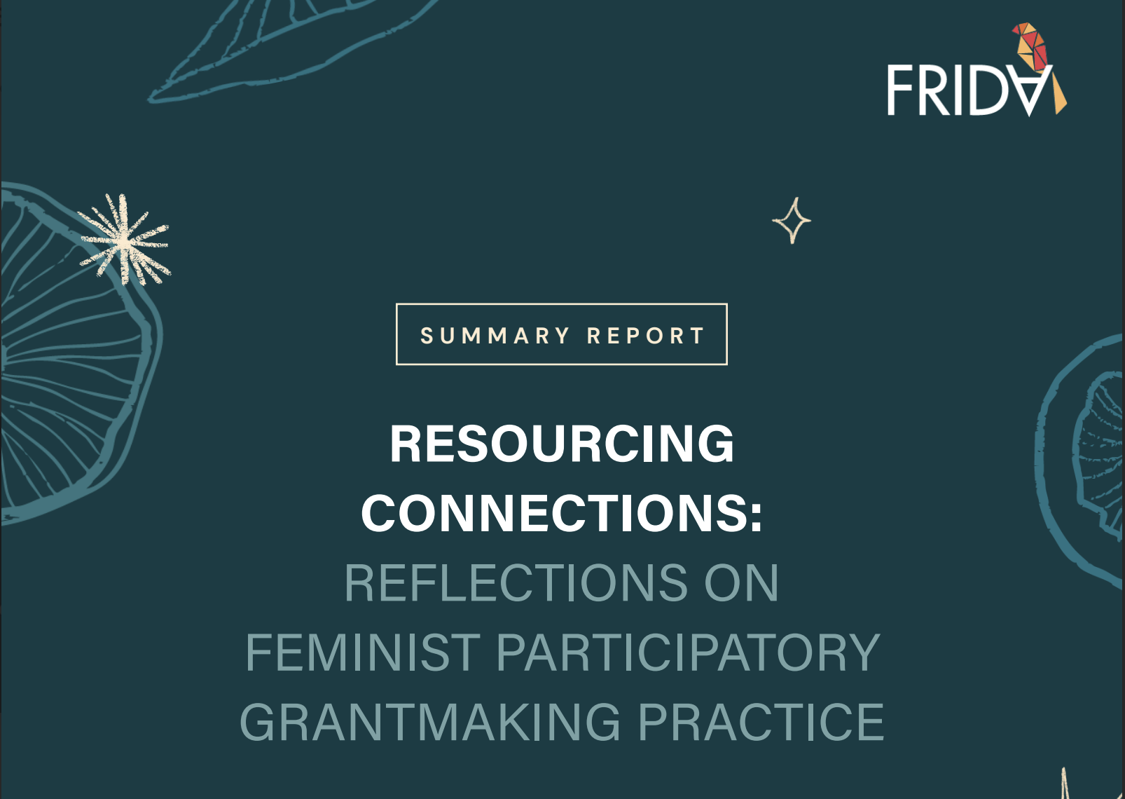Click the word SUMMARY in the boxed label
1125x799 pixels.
[x=495, y=336]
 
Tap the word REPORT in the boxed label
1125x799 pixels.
[x=646, y=336]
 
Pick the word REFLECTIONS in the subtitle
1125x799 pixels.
[x=516, y=582]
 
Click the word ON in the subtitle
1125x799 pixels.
[x=741, y=582]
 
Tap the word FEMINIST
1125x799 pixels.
[x=363, y=652]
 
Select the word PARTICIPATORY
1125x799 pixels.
[x=688, y=652]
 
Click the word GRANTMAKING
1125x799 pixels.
[x=430, y=722]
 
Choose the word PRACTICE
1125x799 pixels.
[x=761, y=722]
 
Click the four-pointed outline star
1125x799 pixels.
[x=792, y=221]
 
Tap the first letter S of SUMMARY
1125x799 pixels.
[x=427, y=336]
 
